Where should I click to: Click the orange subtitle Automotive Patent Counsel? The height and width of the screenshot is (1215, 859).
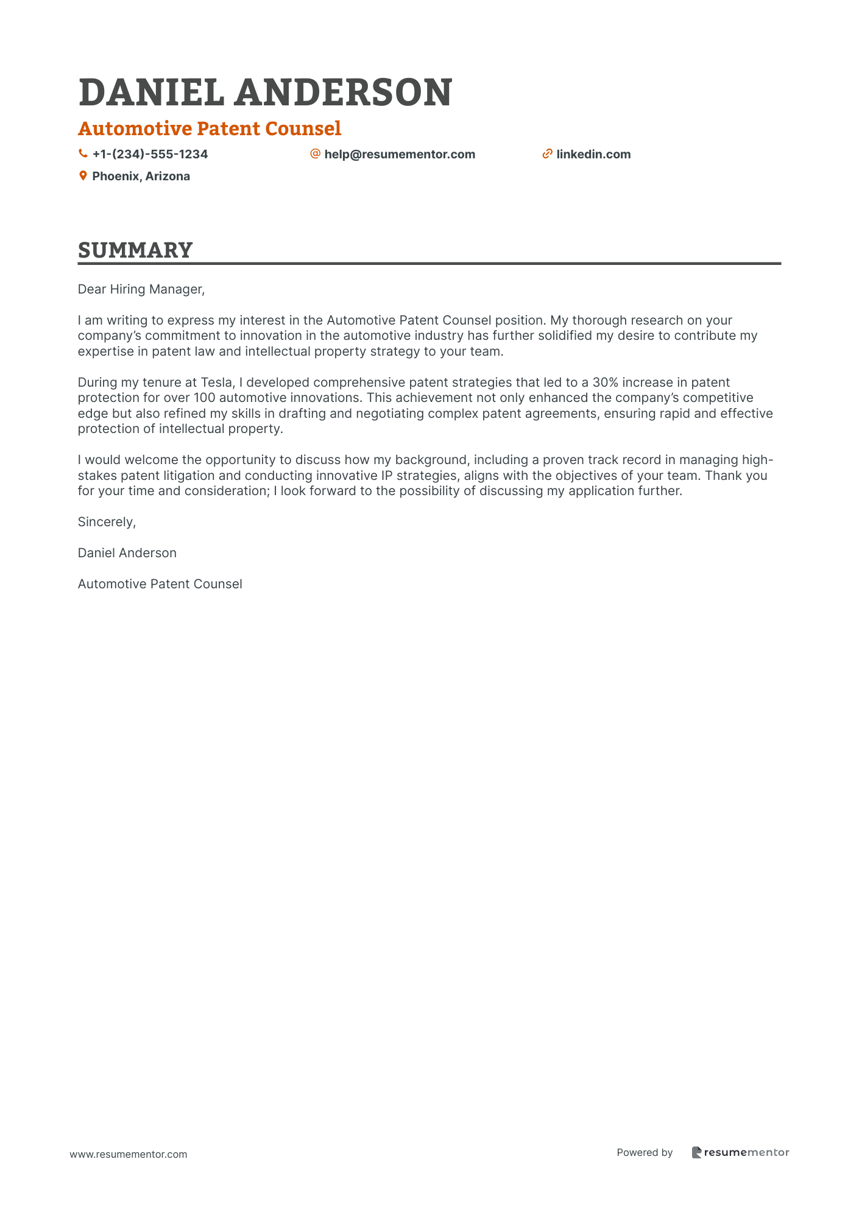(210, 129)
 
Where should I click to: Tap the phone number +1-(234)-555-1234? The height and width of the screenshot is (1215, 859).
(150, 155)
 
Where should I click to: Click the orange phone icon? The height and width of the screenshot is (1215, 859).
(83, 154)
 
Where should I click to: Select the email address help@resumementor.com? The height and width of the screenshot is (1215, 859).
(400, 155)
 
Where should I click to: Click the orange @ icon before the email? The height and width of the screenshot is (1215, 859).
(315, 154)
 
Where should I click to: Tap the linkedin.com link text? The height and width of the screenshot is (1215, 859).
(593, 155)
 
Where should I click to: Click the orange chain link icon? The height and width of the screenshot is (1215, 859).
(547, 154)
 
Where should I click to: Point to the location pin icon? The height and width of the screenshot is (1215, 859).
(83, 176)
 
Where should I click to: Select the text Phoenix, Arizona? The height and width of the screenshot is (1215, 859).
(141, 177)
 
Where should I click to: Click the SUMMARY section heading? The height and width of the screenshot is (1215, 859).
(135, 250)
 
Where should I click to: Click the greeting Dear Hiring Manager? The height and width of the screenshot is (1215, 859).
(141, 289)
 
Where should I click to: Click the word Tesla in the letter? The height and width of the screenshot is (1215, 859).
(216, 382)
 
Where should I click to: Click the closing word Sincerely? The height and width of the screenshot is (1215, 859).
(107, 522)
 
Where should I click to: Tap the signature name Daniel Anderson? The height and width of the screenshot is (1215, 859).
(127, 553)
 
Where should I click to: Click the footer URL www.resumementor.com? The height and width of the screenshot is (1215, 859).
(129, 1154)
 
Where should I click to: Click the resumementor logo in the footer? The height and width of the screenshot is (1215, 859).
(740, 1152)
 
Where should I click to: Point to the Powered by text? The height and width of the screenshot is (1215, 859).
(645, 1152)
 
